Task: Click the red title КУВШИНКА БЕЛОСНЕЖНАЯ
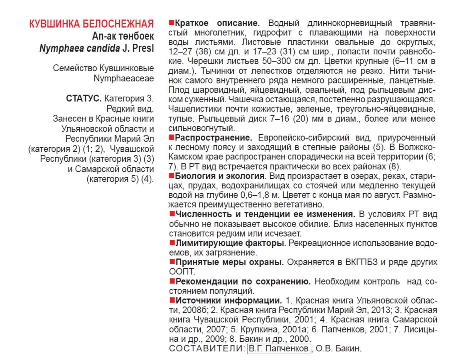click(91, 24)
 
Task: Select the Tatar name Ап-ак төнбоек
click(123, 36)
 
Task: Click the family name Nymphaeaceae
click(124, 78)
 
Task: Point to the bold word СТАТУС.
click(83, 98)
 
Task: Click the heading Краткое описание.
click(217, 23)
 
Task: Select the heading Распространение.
click(213, 138)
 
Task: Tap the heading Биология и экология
click(220, 176)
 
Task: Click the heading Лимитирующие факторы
click(230, 243)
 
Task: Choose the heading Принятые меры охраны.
click(230, 262)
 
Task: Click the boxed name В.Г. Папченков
click(279, 349)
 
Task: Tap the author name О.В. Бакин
click(338, 349)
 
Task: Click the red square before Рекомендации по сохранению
click(172, 281)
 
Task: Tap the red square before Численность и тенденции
click(172, 214)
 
